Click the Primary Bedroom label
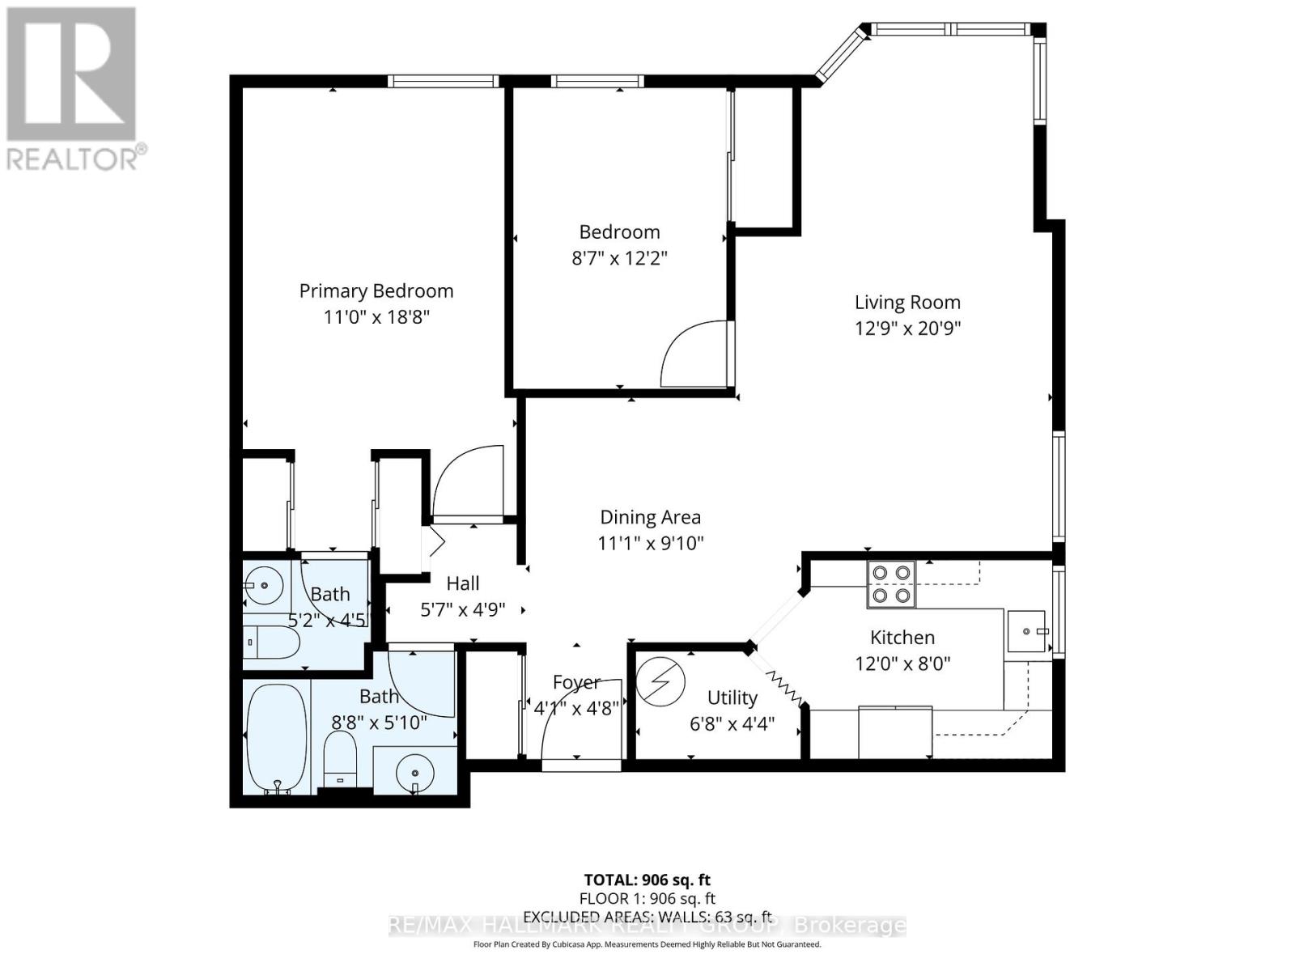click(376, 291)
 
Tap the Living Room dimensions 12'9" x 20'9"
click(907, 329)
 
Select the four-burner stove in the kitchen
click(890, 584)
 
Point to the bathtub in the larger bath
click(276, 739)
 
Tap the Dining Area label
click(650, 517)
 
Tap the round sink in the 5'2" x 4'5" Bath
click(263, 583)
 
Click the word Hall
click(463, 583)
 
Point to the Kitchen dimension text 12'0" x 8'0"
click(902, 664)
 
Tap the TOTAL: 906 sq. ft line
click(647, 880)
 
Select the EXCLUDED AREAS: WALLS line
click(647, 917)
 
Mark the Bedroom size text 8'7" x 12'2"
click(619, 259)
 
